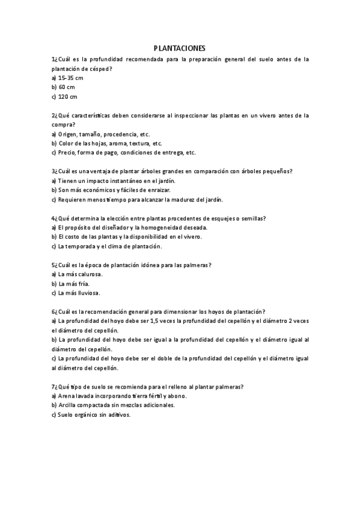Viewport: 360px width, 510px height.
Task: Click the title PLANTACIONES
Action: pos(180,48)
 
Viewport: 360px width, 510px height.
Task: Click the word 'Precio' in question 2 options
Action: pos(67,152)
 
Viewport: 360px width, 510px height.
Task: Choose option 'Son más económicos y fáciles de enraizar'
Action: pos(118,190)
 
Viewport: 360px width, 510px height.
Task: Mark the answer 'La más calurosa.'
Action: pos(80,274)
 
